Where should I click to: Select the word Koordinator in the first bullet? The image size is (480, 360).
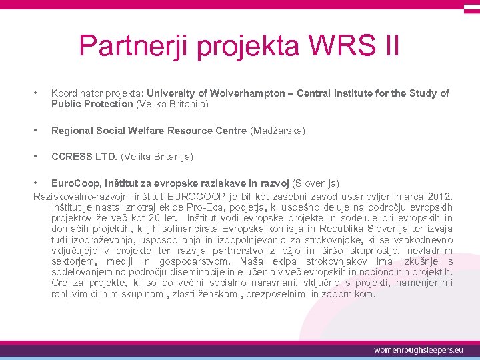click(77, 93)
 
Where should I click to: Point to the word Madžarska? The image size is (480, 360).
click(277, 131)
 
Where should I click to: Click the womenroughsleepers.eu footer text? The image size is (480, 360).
click(419, 349)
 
